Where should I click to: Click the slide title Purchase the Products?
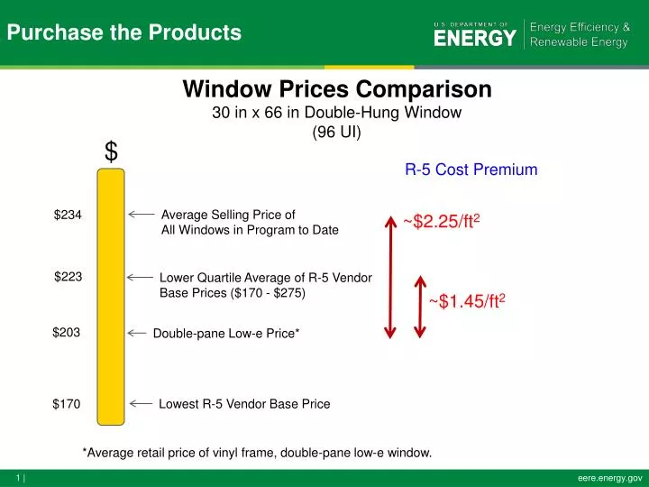(x=124, y=33)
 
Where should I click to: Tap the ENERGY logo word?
(x=475, y=38)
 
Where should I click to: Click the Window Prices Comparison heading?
(x=337, y=90)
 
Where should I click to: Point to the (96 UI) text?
(x=336, y=133)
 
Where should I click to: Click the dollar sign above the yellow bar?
(x=111, y=152)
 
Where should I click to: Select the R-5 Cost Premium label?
(x=471, y=170)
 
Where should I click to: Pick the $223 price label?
(x=69, y=277)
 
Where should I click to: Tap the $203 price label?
(x=67, y=333)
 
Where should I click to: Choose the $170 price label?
(x=67, y=404)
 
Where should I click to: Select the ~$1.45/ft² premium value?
(x=466, y=301)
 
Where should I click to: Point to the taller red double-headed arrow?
(x=390, y=276)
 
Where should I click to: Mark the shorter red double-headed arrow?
(x=420, y=307)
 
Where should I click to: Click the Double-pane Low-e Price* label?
(x=226, y=334)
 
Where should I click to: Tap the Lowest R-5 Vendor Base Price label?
(x=244, y=404)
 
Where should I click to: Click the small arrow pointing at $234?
(x=141, y=215)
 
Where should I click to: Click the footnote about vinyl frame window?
(x=257, y=453)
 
